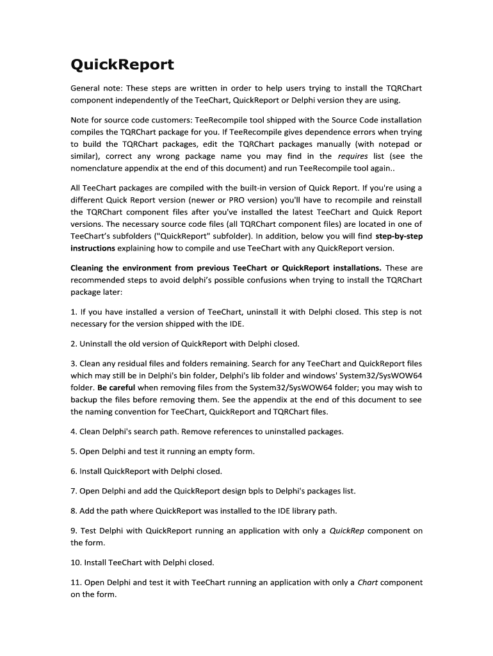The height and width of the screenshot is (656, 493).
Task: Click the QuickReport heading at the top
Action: point(122,65)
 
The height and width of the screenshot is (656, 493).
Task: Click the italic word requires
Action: point(352,156)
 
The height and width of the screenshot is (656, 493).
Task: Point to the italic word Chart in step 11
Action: point(367,583)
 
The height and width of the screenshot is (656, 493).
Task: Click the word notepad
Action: point(377,144)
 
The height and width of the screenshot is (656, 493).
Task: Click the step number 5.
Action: point(73,452)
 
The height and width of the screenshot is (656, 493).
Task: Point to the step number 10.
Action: point(75,563)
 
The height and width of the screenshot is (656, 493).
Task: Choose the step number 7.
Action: point(73,491)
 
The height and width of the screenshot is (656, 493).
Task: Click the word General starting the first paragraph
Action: point(87,88)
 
